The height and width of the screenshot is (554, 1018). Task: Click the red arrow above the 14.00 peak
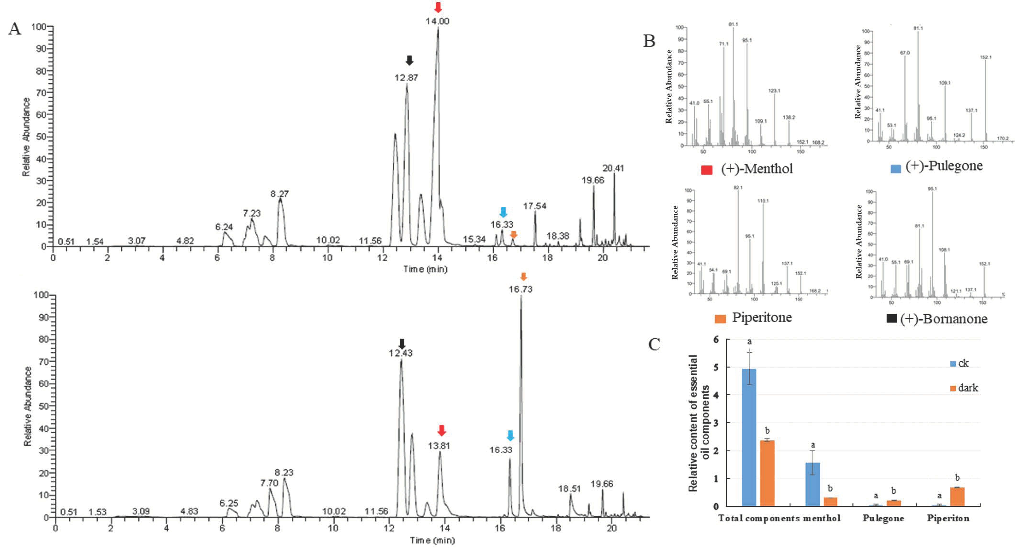click(x=437, y=7)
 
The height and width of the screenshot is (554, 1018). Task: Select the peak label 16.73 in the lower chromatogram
click(x=520, y=289)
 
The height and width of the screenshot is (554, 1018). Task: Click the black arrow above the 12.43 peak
click(x=401, y=343)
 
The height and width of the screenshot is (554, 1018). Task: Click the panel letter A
click(x=15, y=29)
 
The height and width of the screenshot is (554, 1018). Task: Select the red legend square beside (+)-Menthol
click(x=707, y=170)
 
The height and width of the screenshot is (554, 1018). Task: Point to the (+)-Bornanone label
click(x=944, y=319)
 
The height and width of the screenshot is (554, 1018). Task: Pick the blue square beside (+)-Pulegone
click(x=895, y=169)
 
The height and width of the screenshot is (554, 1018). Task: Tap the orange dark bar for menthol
click(x=830, y=502)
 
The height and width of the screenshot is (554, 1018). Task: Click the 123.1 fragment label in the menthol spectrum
click(x=774, y=91)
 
